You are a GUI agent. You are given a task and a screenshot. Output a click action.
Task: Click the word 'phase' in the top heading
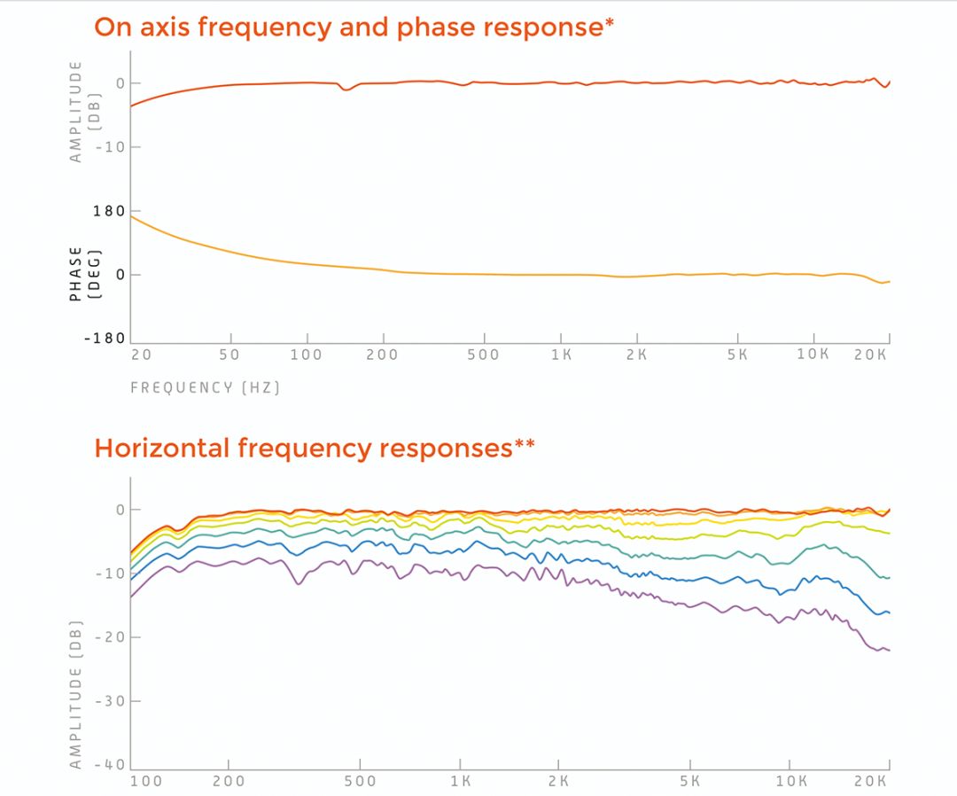pyautogui.click(x=437, y=27)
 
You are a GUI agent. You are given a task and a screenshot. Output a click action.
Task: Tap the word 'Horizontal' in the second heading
pyautogui.click(x=162, y=448)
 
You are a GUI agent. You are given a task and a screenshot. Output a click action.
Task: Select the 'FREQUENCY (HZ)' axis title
pyautogui.click(x=205, y=387)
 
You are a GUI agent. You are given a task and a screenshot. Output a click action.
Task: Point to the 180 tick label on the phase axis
pyautogui.click(x=108, y=211)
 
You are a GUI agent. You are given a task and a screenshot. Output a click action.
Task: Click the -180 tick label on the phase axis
pyautogui.click(x=105, y=339)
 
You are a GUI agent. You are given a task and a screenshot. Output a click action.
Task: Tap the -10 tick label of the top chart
pyautogui.click(x=112, y=146)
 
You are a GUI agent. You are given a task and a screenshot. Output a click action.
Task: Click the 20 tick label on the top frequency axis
pyautogui.click(x=142, y=355)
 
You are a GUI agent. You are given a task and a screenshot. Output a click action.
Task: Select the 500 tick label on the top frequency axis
pyautogui.click(x=484, y=355)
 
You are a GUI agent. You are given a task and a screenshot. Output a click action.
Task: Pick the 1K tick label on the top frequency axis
pyautogui.click(x=560, y=355)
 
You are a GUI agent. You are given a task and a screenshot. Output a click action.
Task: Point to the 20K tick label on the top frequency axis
pyautogui.click(x=872, y=355)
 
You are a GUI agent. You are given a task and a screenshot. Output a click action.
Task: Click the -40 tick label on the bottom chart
pyautogui.click(x=112, y=764)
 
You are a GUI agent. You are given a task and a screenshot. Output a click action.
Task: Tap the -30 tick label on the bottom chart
pyautogui.click(x=112, y=701)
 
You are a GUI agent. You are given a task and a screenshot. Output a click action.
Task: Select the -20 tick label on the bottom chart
pyautogui.click(x=112, y=637)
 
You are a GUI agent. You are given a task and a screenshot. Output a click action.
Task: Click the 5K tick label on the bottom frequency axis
pyautogui.click(x=689, y=782)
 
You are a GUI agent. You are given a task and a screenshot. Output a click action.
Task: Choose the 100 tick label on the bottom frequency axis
pyautogui.click(x=147, y=782)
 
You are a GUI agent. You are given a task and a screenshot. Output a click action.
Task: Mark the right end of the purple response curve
pyautogui.click(x=889, y=651)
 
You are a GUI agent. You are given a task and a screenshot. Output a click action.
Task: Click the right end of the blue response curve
pyautogui.click(x=889, y=613)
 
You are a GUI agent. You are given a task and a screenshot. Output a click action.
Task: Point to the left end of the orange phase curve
pyautogui.click(x=131, y=215)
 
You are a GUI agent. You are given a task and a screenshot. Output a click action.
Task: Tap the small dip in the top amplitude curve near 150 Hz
pyautogui.click(x=346, y=90)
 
